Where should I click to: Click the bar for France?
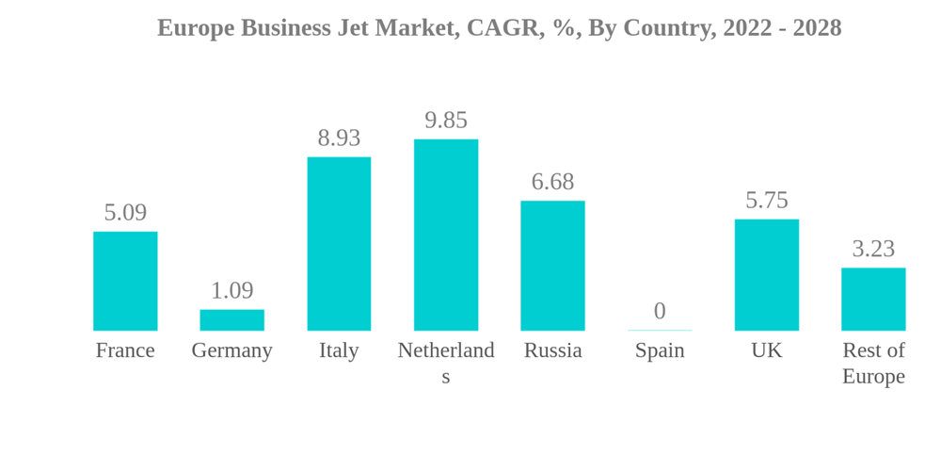click(x=125, y=281)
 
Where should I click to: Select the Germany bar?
click(x=231, y=320)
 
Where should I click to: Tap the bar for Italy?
click(x=339, y=243)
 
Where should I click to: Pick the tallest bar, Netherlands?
click(x=446, y=235)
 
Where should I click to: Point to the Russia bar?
click(x=552, y=266)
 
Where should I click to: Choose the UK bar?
click(x=767, y=275)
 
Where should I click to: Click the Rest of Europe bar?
click(x=873, y=299)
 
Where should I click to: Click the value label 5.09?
click(x=125, y=213)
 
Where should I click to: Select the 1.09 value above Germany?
click(x=231, y=290)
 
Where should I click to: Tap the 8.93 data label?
click(x=339, y=138)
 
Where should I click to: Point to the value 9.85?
click(x=446, y=121)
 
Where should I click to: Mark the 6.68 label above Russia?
click(x=552, y=182)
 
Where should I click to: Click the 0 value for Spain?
click(x=660, y=311)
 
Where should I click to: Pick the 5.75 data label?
click(x=767, y=201)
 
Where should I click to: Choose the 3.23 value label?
click(x=873, y=249)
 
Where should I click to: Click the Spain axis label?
click(x=660, y=350)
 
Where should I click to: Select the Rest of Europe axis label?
click(x=873, y=363)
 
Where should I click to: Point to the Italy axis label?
click(x=339, y=350)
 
